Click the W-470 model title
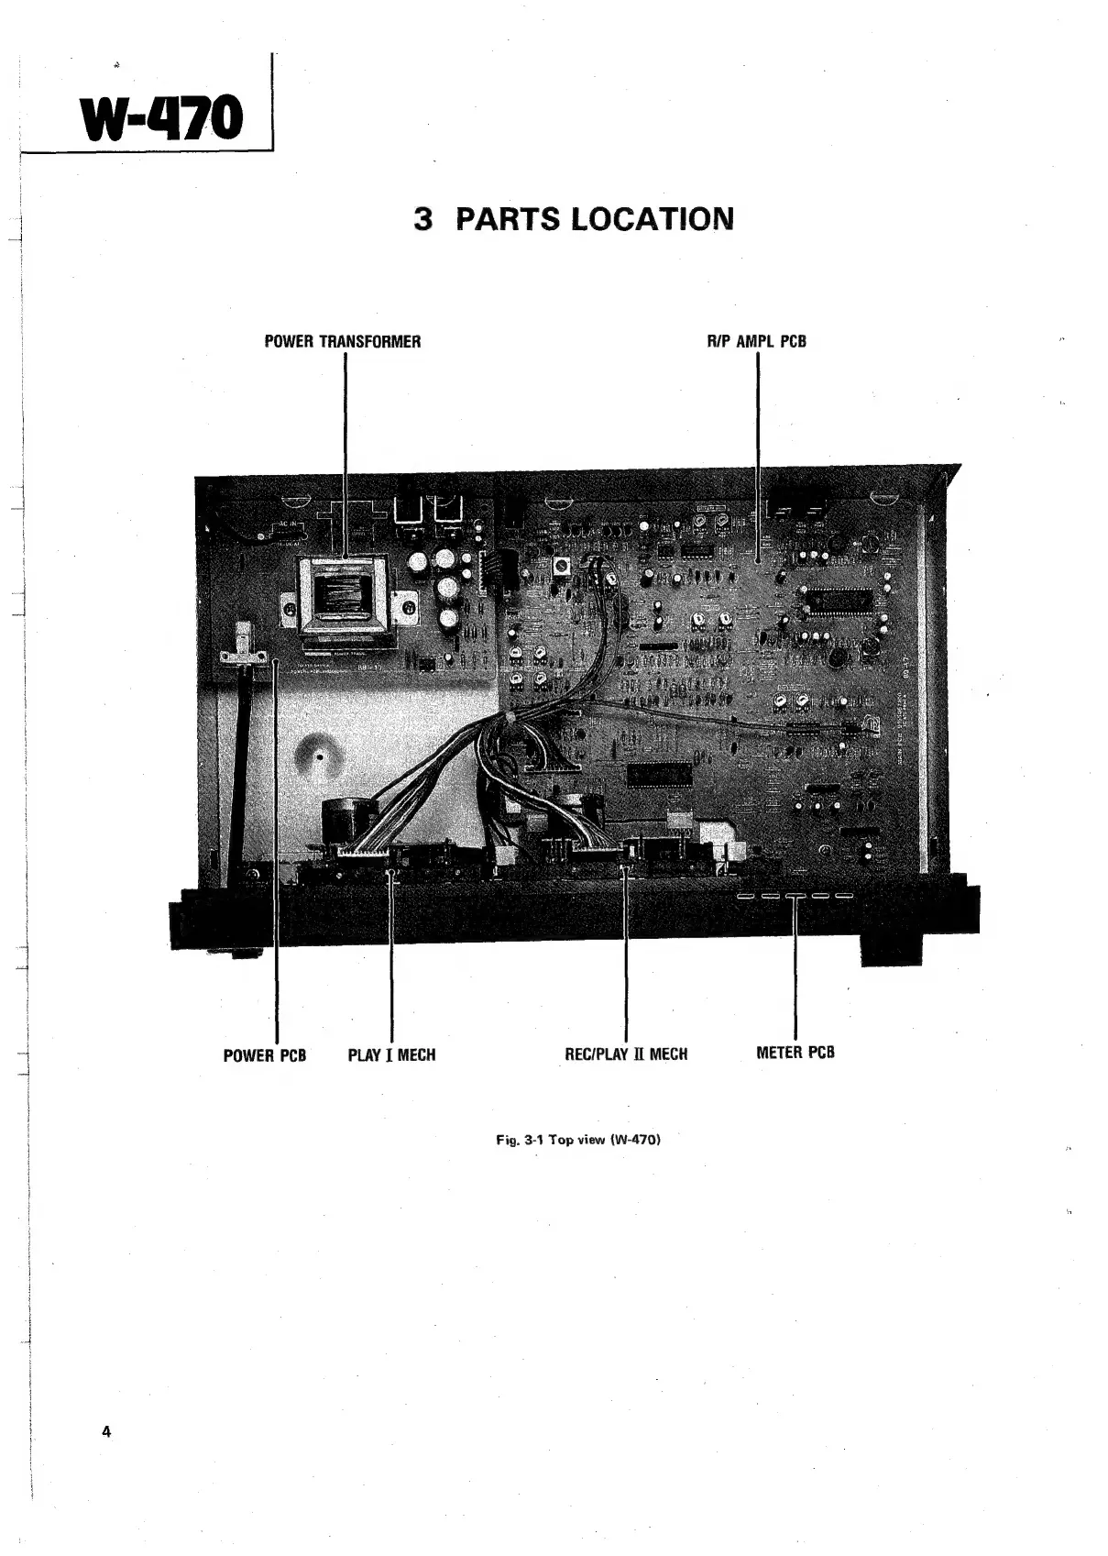tap(163, 119)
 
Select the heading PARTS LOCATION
tap(594, 219)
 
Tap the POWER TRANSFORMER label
tap(342, 342)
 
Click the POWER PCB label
tap(264, 1055)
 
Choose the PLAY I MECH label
tap(391, 1055)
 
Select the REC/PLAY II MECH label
tap(626, 1054)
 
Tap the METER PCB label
tap(795, 1053)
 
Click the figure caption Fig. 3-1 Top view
tap(577, 1140)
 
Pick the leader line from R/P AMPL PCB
tap(758, 440)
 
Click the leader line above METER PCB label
tap(795, 972)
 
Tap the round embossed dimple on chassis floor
tap(317, 757)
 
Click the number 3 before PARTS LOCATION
tap(422, 219)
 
